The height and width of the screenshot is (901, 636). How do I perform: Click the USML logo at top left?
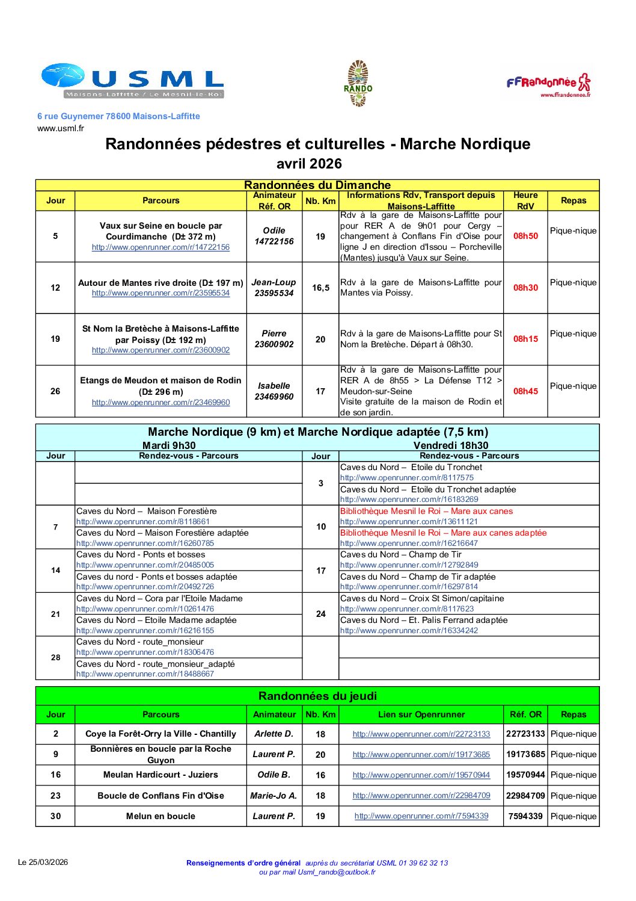[132, 81]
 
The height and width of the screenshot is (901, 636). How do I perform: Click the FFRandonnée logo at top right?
[548, 85]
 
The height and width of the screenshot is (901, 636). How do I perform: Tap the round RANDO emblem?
[358, 84]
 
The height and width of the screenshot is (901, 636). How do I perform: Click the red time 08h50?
[525, 236]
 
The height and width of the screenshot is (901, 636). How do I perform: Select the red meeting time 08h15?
[525, 339]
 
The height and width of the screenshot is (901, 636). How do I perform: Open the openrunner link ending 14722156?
[161, 247]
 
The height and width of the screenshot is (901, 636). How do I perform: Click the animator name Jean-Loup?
[274, 282]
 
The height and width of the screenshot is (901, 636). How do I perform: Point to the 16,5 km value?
[320, 288]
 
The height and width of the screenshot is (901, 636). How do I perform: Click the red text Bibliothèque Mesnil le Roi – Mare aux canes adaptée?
[444, 533]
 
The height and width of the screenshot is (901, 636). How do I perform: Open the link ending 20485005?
[145, 565]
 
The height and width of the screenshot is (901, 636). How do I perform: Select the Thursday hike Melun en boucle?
[161, 816]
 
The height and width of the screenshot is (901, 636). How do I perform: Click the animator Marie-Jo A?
[274, 796]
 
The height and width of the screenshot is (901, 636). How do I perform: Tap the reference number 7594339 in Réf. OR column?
[525, 816]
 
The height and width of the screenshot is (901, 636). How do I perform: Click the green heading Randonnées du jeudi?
[317, 696]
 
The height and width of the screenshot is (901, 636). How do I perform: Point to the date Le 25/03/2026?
[43, 862]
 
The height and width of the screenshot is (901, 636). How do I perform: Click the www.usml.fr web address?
[61, 128]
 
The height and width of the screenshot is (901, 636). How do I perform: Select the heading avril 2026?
[309, 164]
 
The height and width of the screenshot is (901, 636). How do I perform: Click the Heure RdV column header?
[525, 200]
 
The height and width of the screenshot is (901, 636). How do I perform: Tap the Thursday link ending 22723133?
[421, 734]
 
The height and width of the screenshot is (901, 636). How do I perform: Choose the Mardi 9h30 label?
[169, 445]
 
